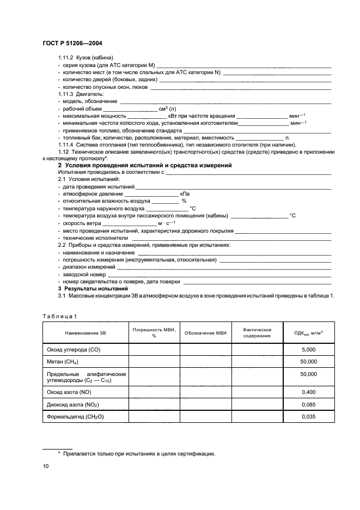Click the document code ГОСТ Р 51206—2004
point(72,44)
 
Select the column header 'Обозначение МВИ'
point(205,332)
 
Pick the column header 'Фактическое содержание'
point(257,332)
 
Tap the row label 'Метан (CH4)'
point(61,361)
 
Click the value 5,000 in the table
point(308,349)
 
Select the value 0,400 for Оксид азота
point(308,391)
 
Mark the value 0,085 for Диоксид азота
point(308,404)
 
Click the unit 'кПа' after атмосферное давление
point(185,193)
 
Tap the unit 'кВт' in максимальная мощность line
point(174,116)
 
